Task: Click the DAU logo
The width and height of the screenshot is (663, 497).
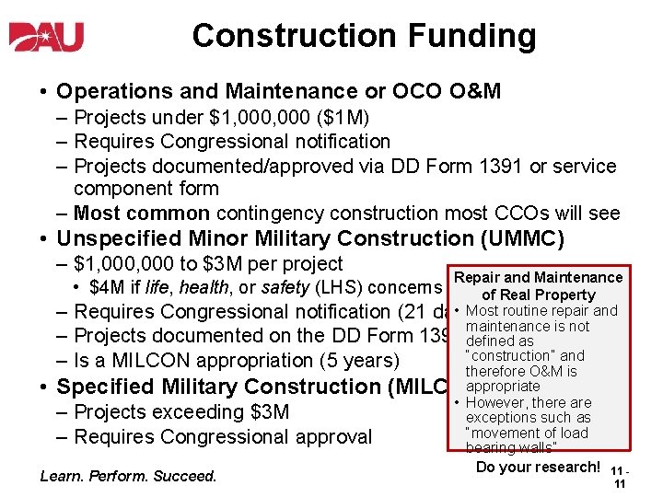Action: pyautogui.click(x=46, y=36)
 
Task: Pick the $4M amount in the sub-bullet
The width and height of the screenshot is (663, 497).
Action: pyautogui.click(x=107, y=288)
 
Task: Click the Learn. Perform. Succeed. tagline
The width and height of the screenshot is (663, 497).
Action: pyautogui.click(x=129, y=476)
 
